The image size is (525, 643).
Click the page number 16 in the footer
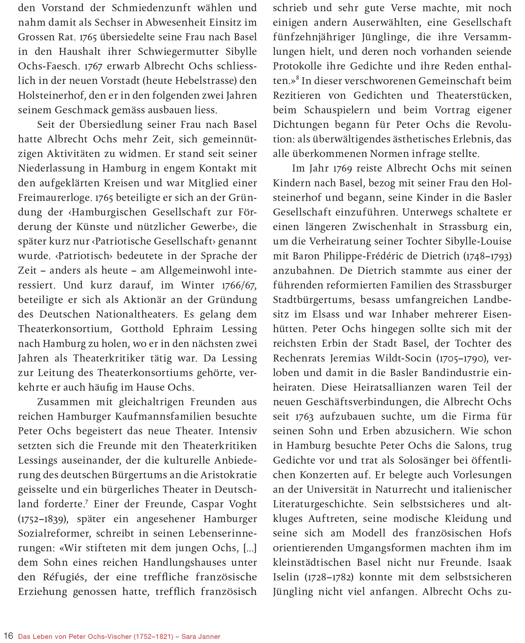click(x=8, y=636)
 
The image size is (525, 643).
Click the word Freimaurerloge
click(x=55, y=198)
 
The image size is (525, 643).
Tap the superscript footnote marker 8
click(x=297, y=78)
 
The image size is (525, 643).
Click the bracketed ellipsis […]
click(x=250, y=548)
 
